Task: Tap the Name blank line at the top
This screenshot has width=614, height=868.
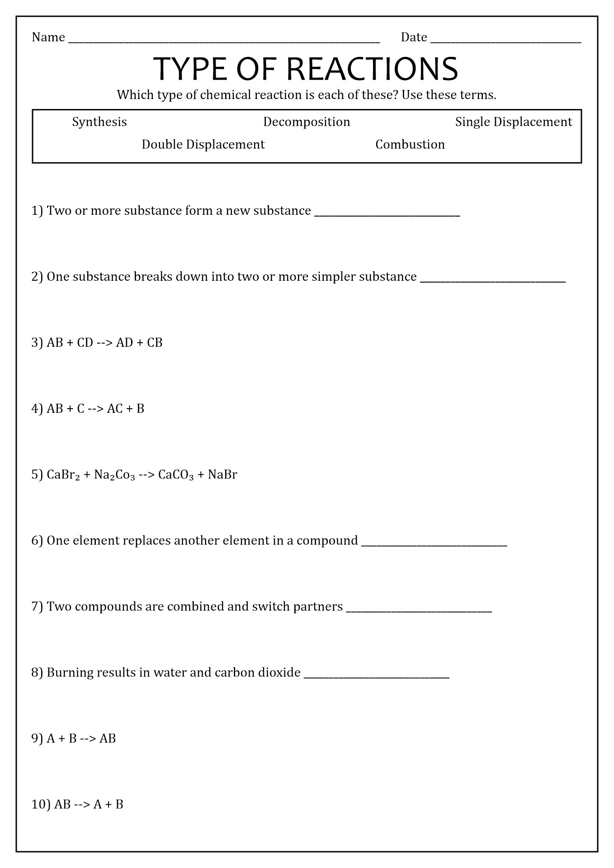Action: pos(224,41)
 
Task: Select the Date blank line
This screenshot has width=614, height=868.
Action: pos(505,41)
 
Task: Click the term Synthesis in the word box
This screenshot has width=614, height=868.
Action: pos(99,122)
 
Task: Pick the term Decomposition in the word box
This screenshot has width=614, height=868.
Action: pos(307,122)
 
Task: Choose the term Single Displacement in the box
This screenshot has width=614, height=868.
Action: pos(513,122)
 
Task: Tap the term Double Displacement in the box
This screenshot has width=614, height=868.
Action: pos(203,145)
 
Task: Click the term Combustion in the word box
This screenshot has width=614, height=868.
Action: pos(410,145)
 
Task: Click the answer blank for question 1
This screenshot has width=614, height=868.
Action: pos(387,214)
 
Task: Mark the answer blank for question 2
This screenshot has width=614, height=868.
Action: pos(493,280)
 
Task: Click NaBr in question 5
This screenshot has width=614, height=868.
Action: pos(222,475)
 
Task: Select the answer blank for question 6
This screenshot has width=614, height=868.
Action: pos(434,544)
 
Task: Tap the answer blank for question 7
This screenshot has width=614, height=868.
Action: pos(419,610)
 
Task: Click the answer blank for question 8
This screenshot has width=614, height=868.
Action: pos(377,676)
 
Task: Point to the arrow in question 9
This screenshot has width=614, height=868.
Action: pos(88,739)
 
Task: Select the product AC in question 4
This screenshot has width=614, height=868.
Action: pos(115,409)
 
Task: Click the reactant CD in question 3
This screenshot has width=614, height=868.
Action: pos(85,343)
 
